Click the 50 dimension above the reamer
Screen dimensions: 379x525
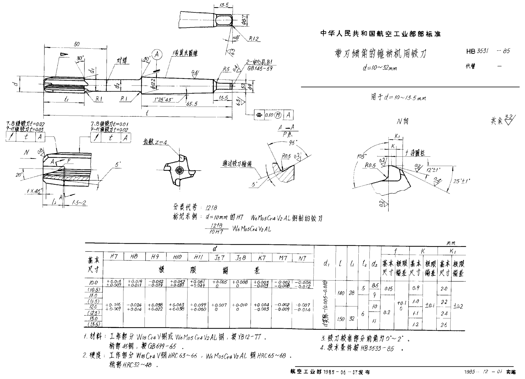[77, 44]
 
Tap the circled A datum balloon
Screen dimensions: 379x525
[157, 55]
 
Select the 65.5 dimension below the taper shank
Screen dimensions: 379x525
[192, 104]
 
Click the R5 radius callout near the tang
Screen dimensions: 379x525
[226, 69]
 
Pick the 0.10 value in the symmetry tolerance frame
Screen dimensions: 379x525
[269, 115]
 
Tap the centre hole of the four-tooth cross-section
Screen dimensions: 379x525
[179, 170]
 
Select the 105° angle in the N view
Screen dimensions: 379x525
[362, 156]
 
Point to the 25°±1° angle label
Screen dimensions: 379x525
[462, 181]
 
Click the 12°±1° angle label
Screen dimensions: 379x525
[433, 170]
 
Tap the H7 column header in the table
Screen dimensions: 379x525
[114, 257]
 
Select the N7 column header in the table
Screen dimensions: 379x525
[302, 258]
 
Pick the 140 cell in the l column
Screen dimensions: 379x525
[341, 293]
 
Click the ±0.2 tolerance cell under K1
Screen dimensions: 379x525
[458, 306]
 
